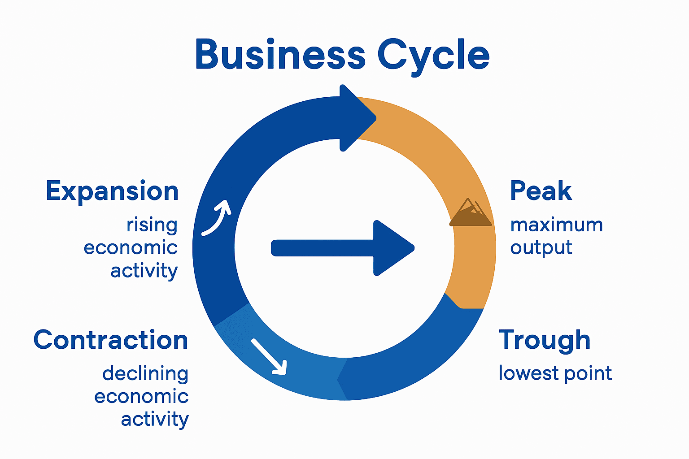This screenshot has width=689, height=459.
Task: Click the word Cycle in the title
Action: [433, 56]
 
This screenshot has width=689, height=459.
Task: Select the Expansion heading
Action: [112, 191]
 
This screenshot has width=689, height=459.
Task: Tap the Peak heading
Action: [541, 191]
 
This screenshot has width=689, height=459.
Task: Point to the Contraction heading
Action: [111, 340]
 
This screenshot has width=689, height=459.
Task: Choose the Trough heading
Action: [545, 340]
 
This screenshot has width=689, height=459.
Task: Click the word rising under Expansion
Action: [152, 225]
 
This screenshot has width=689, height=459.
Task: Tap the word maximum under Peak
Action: [556, 225]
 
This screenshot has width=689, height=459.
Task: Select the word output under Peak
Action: [541, 248]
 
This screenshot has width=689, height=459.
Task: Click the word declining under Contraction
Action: [145, 373]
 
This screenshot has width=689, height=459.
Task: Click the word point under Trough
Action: [588, 374]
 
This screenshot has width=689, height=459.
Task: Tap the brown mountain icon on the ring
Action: [470, 213]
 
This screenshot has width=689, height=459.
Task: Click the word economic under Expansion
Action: [131, 248]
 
